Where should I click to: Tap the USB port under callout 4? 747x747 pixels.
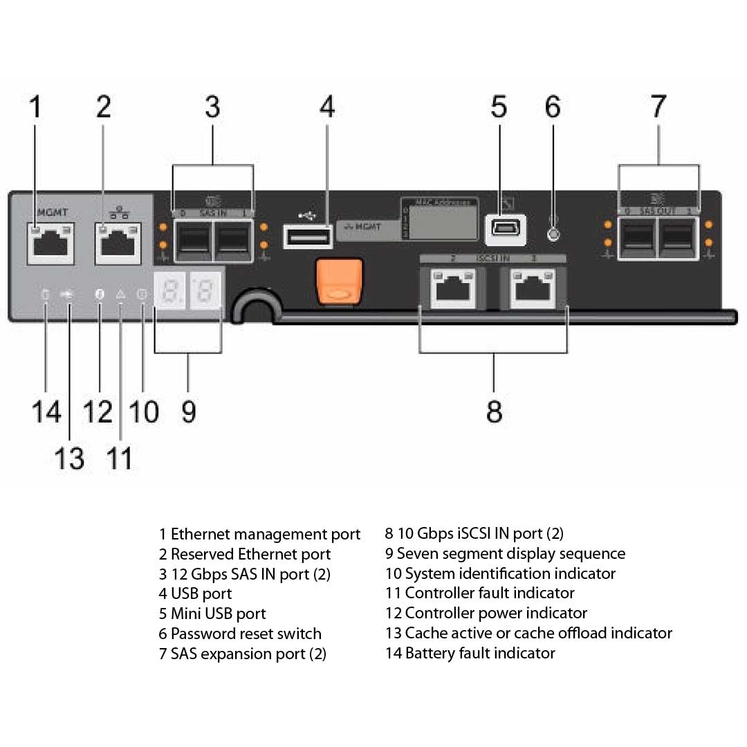(x=308, y=237)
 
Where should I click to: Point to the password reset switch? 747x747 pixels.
(x=553, y=234)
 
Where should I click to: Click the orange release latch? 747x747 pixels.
(x=339, y=281)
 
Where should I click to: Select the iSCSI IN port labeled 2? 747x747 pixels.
(x=452, y=289)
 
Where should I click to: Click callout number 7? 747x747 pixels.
(x=658, y=107)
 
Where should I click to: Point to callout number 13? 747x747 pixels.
(x=69, y=458)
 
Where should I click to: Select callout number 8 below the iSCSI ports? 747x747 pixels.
(x=494, y=411)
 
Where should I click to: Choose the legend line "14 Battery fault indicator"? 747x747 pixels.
(x=470, y=653)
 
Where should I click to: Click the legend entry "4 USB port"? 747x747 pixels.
(x=195, y=593)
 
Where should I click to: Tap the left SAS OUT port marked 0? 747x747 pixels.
(x=636, y=238)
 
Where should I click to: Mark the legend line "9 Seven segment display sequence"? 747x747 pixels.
(x=505, y=554)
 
